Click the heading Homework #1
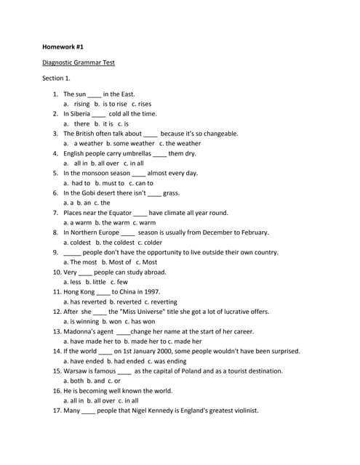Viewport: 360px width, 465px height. coord(63,46)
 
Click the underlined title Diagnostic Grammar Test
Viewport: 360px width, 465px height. coord(79,62)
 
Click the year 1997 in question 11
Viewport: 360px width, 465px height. coord(152,291)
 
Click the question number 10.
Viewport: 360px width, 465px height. coord(57,272)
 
